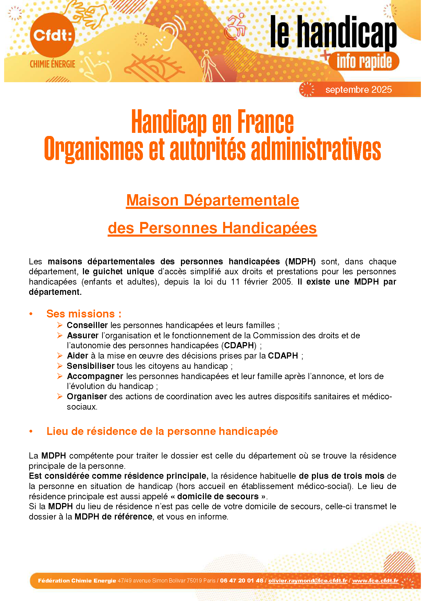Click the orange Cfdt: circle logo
point(52,35)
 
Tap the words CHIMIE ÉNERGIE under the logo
point(52,64)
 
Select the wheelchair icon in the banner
point(236,27)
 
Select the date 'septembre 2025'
point(358,90)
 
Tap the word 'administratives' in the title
point(316,149)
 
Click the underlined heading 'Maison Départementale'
point(212,200)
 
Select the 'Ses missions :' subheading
point(84,314)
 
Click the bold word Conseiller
point(87,325)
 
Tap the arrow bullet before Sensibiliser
point(60,366)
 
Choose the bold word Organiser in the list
point(87,397)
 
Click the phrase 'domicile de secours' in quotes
point(218,496)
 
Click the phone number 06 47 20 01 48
point(242,580)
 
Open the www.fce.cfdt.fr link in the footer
point(375,580)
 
